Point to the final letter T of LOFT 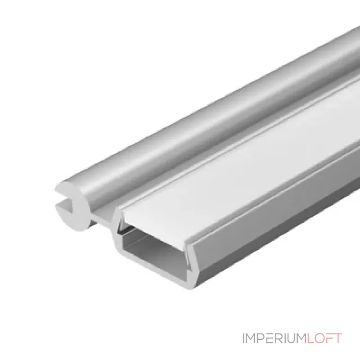coord(337,338)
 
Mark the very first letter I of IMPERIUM coord(243,338)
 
